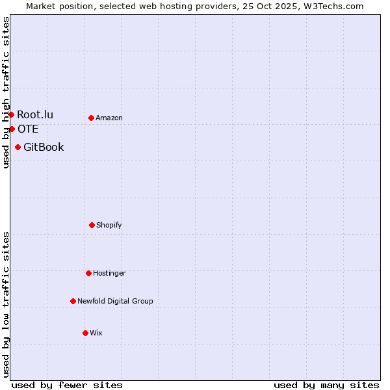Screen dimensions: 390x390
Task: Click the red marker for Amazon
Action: pos(91,118)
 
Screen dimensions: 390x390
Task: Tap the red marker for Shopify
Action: pos(92,225)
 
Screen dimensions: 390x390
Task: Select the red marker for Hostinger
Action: pos(88,273)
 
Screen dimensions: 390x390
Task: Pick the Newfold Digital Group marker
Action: pos(73,301)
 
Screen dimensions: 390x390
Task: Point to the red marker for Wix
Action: pos(85,333)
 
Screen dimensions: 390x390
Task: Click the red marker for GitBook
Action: pos(18,147)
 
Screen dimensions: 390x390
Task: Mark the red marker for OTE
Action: pos(12,129)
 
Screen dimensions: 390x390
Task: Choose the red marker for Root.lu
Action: pos(11,114)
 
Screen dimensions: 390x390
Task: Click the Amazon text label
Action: pos(109,118)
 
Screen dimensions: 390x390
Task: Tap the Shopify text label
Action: pos(109,225)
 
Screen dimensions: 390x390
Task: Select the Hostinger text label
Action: pos(109,273)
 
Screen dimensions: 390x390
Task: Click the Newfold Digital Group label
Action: pos(115,301)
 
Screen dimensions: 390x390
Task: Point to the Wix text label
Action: pos(96,333)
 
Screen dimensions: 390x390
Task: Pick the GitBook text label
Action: pos(44,147)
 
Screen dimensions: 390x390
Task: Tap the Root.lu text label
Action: pos(35,115)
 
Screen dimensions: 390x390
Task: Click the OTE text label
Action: pos(28,129)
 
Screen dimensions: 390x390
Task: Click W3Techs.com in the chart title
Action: pos(330,6)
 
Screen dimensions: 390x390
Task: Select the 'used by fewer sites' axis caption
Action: pos(67,385)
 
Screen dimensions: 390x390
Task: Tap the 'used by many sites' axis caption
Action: pos(326,385)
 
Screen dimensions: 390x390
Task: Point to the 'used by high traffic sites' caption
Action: pos(6,92)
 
